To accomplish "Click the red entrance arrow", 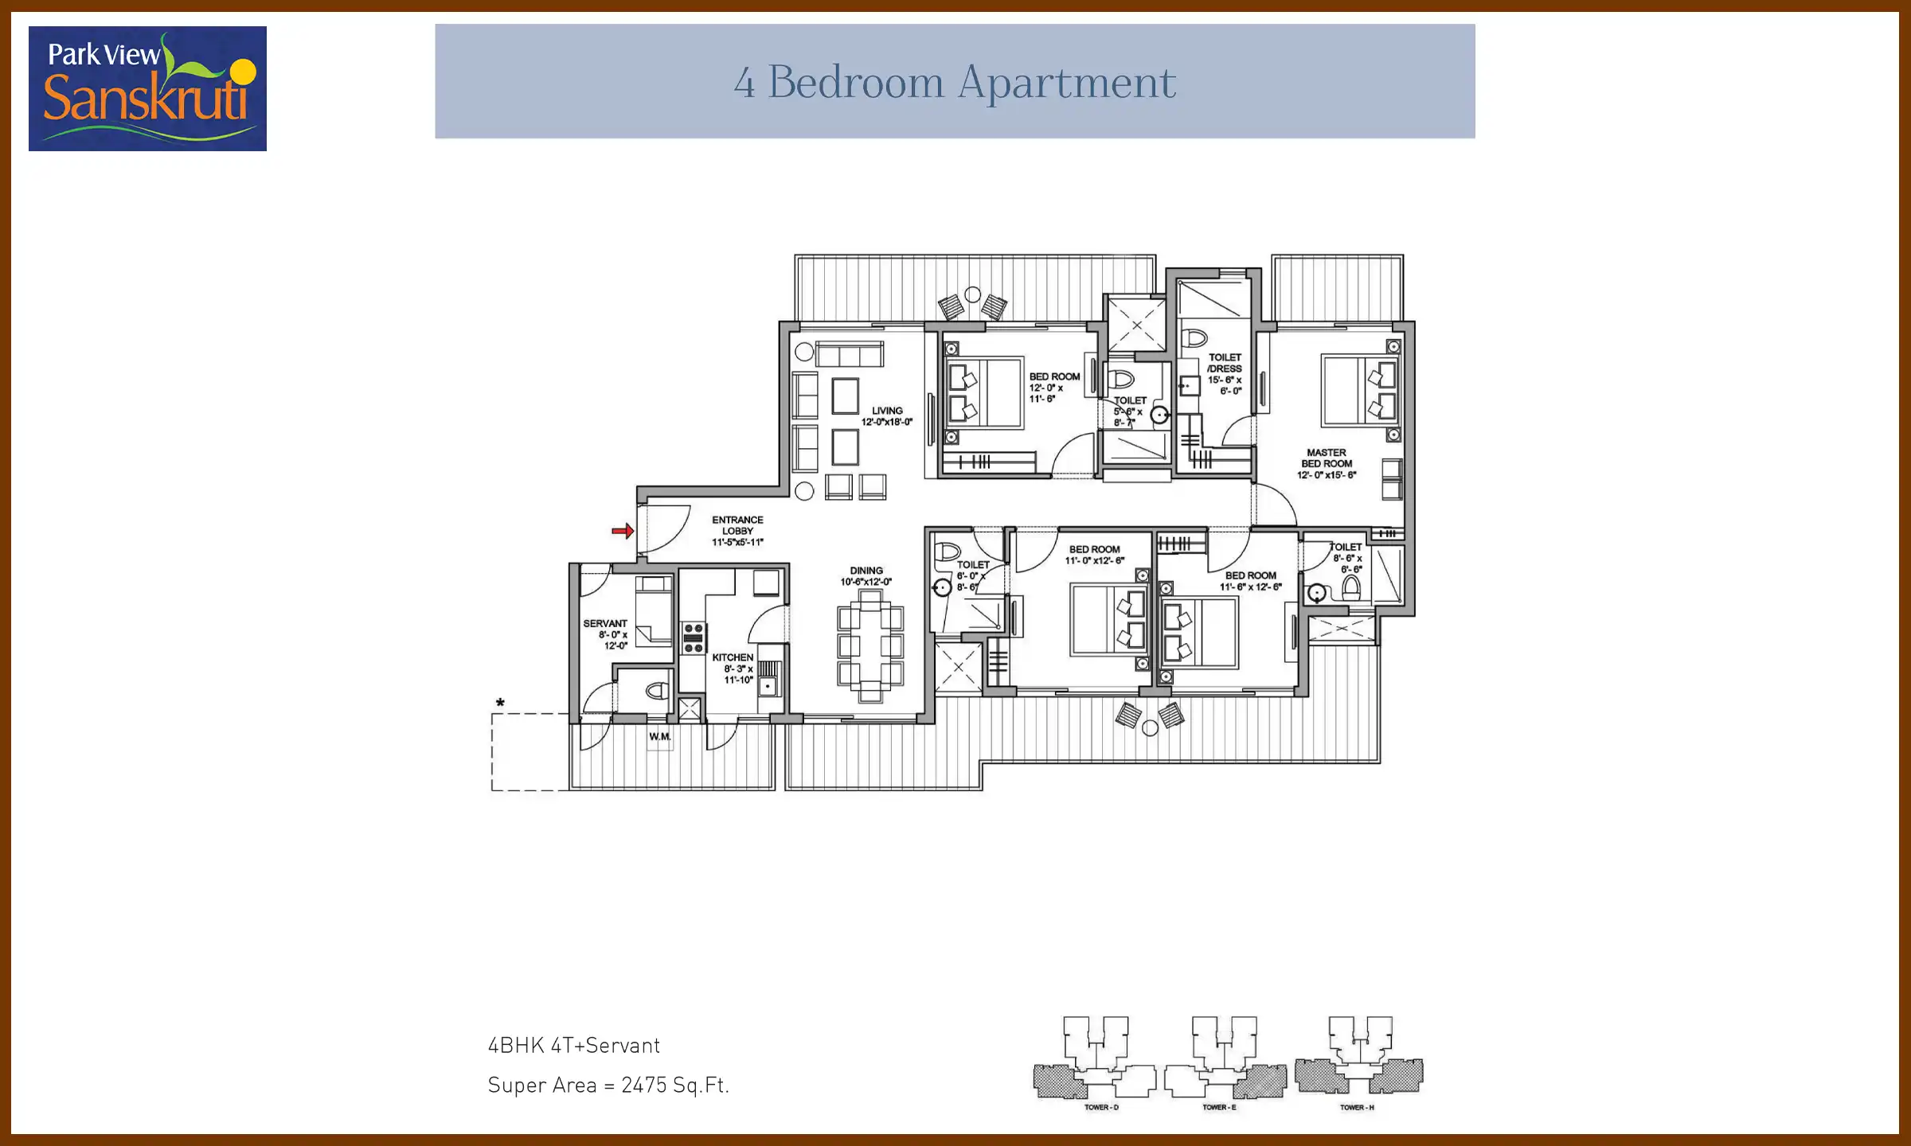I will [623, 531].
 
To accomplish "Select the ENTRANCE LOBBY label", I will [737, 531].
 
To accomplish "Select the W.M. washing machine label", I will [659, 737].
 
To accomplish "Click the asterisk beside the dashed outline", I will [500, 704].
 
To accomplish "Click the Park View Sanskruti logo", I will [147, 88].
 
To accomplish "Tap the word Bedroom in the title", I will [856, 82].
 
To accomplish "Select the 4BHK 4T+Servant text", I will [574, 1046].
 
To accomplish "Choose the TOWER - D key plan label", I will [1101, 1107].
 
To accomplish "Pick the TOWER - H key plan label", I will [1357, 1107].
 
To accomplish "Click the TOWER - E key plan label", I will [1219, 1107].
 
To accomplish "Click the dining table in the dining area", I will [870, 645].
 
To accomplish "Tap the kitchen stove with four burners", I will [694, 638].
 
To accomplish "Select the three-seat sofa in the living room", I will [850, 353].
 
